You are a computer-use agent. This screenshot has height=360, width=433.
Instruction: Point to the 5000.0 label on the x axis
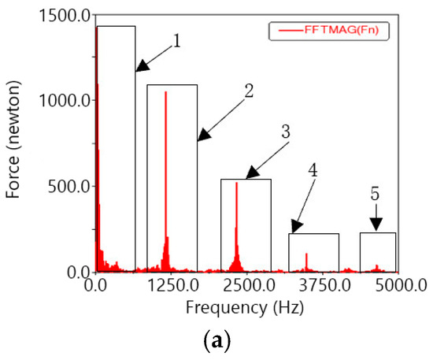(x=398, y=284)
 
